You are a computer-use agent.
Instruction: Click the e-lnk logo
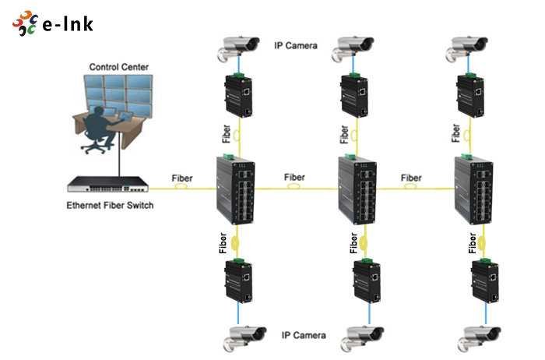pos(53,23)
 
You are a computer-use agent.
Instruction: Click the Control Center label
pos(119,67)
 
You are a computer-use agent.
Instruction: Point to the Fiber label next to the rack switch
pos(182,178)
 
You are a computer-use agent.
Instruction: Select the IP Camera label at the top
pos(296,45)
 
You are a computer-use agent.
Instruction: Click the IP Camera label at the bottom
pos(304,336)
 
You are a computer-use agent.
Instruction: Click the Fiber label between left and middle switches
pos(295,177)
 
